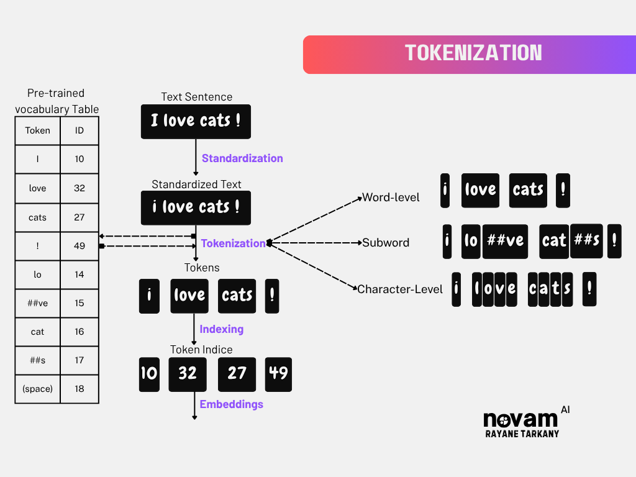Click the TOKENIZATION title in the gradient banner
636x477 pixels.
click(x=473, y=53)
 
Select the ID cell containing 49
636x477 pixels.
click(x=79, y=246)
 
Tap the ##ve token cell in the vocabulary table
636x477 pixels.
click(x=38, y=303)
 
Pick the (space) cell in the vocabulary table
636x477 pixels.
click(x=38, y=389)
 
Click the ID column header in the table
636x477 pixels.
click(x=79, y=130)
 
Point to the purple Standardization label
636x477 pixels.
click(x=242, y=158)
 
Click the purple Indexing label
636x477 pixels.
click(x=221, y=329)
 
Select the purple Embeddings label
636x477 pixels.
click(x=231, y=404)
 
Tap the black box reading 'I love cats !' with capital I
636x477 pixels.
click(x=196, y=121)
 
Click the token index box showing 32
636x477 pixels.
click(x=188, y=374)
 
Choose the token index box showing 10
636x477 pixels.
click(x=149, y=374)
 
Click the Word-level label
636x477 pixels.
click(x=391, y=198)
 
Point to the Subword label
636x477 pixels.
click(x=386, y=243)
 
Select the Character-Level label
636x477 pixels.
click(x=400, y=289)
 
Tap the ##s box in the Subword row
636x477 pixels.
click(x=586, y=240)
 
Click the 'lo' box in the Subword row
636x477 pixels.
click(x=471, y=241)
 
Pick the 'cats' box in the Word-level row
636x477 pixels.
click(x=528, y=190)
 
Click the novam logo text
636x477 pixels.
click(x=520, y=419)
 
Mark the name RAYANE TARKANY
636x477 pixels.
click(x=522, y=434)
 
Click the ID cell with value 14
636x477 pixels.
click(x=79, y=275)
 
